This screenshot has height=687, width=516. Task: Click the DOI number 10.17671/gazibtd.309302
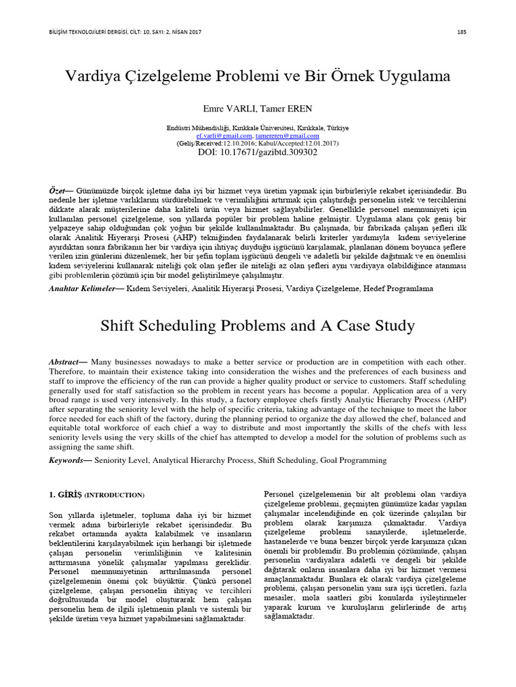tap(271, 153)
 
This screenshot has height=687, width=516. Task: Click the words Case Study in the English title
tap(376, 327)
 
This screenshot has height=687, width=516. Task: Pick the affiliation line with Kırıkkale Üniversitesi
tap(258, 127)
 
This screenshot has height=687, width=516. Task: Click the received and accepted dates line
tap(258, 144)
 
